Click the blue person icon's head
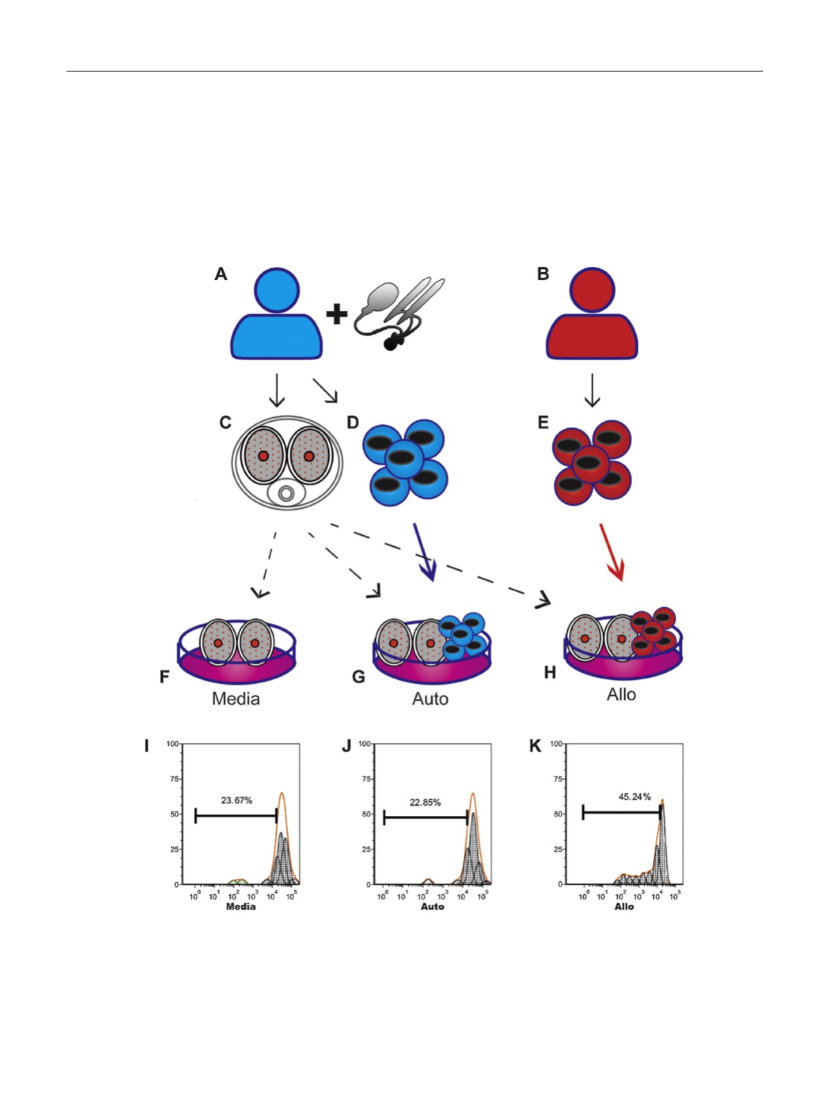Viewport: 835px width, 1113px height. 277,290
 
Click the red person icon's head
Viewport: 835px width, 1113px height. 592,290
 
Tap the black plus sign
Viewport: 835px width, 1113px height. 337,314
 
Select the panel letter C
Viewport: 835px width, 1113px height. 225,423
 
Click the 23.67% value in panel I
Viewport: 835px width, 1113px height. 236,800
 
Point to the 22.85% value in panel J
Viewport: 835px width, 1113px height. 425,802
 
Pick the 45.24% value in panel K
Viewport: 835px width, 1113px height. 635,797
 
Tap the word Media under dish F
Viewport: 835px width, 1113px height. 236,698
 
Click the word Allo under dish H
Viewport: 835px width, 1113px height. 621,695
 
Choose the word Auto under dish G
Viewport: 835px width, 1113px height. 430,698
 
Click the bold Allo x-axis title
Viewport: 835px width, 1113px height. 624,906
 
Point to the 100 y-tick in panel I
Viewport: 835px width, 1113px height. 172,744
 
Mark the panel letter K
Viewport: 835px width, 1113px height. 535,746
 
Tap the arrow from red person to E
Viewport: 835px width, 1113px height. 592,390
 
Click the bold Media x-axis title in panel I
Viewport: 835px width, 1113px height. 240,906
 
